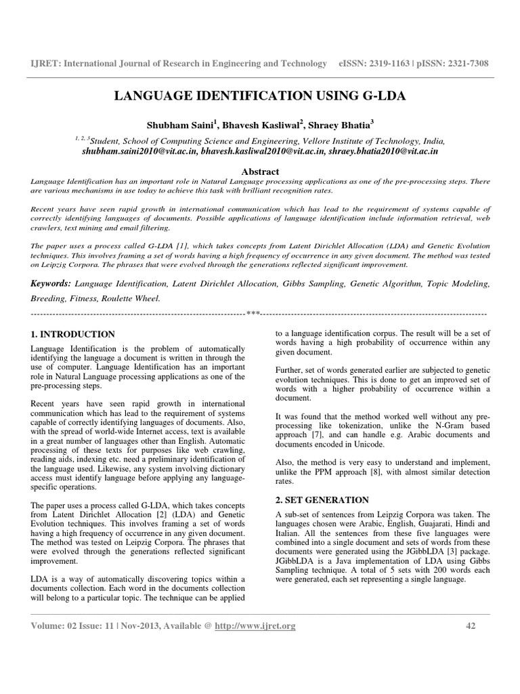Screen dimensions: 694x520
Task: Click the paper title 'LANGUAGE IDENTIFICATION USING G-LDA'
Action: pos(260,96)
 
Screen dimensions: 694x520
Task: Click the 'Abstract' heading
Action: pos(260,172)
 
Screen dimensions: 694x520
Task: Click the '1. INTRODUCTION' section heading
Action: pos(73,334)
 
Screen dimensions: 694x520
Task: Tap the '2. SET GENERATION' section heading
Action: pos(322,499)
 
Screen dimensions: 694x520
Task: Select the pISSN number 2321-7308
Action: pos(462,63)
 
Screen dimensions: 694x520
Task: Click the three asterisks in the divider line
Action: pos(253,314)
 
